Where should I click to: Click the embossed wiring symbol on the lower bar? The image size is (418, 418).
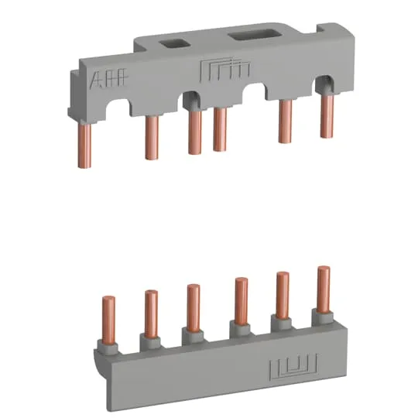(x=286, y=365)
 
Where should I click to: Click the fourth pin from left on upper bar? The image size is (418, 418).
(x=220, y=128)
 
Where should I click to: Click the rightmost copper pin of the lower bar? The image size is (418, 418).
(x=323, y=288)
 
